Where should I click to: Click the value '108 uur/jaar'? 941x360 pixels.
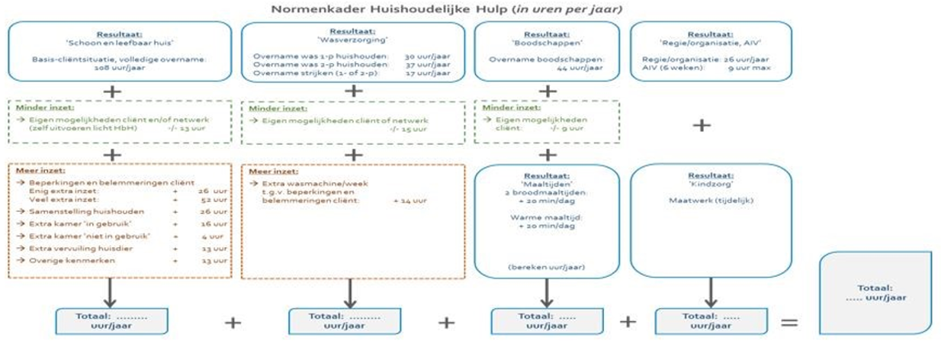click(119, 67)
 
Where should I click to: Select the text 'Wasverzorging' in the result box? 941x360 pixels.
click(353, 40)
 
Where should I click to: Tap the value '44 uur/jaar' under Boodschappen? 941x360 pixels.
click(547, 67)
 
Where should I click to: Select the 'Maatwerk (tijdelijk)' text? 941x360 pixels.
click(709, 201)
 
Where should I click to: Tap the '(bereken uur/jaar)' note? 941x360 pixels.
click(547, 267)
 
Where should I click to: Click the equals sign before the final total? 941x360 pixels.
click(788, 322)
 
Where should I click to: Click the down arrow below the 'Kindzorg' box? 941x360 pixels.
click(711, 291)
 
